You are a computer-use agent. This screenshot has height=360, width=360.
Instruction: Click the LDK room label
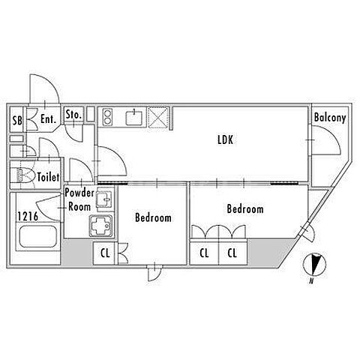(x=225, y=139)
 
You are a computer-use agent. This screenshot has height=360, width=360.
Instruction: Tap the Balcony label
(x=330, y=118)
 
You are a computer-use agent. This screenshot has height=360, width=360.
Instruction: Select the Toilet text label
(x=49, y=177)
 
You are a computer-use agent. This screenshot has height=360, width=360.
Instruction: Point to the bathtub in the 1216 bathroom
(x=38, y=238)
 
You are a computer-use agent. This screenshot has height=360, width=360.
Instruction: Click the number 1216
(x=28, y=217)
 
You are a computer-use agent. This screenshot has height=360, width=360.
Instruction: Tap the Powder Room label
(x=79, y=199)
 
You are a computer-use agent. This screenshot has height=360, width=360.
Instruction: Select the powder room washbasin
(x=104, y=199)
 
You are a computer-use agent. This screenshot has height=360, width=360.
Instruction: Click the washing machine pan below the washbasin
(x=101, y=226)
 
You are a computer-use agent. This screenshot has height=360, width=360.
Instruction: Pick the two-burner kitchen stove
(x=107, y=117)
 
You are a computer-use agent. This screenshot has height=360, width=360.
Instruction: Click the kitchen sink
(x=133, y=118)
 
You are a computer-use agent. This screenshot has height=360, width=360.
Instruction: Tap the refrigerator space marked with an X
(x=158, y=117)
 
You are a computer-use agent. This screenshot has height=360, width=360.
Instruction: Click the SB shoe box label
(x=17, y=121)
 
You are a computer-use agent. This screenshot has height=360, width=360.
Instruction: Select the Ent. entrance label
(x=48, y=119)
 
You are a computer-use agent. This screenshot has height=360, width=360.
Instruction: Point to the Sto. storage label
(x=73, y=115)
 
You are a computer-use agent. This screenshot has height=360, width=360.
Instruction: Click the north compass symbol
(x=314, y=265)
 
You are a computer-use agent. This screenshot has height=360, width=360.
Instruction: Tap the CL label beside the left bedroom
(x=105, y=253)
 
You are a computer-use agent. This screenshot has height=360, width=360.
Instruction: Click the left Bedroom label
(x=153, y=217)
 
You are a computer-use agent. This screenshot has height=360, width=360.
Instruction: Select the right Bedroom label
(x=245, y=208)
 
